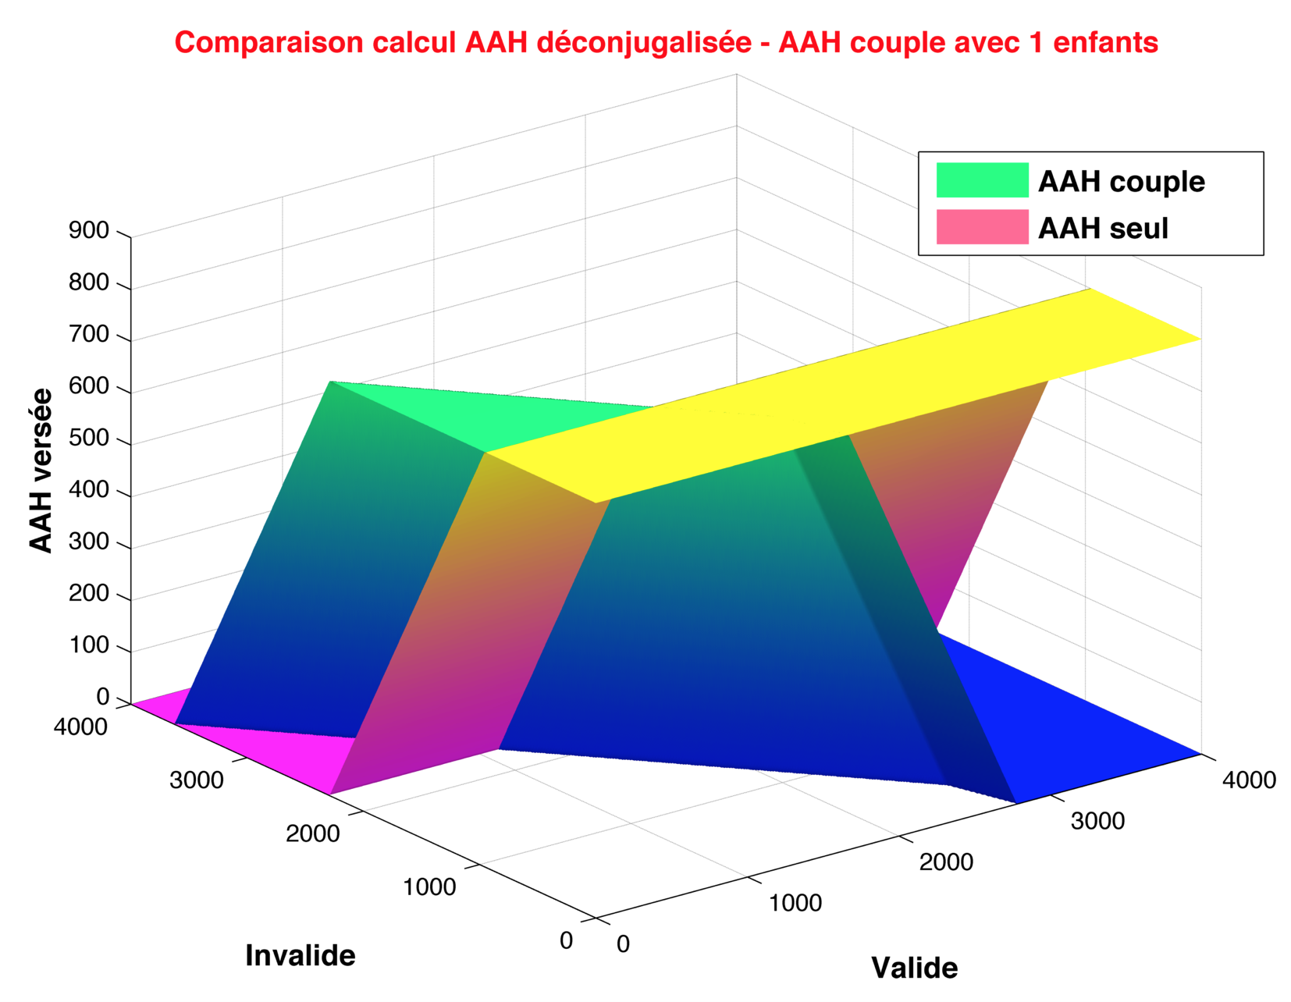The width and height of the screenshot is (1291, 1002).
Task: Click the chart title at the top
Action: pyautogui.click(x=666, y=43)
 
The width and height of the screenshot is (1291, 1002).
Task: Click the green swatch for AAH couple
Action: pyautogui.click(x=982, y=180)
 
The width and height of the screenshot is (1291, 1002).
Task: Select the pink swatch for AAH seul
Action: pyautogui.click(x=982, y=226)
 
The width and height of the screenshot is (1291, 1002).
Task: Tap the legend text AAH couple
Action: pyautogui.click(x=1121, y=181)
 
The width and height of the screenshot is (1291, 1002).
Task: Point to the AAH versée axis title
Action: pyautogui.click(x=41, y=471)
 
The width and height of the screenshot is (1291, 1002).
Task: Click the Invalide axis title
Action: pyautogui.click(x=300, y=956)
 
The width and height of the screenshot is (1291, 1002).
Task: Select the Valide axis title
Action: pyautogui.click(x=914, y=968)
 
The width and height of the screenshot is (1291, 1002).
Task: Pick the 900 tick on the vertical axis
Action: pyautogui.click(x=88, y=230)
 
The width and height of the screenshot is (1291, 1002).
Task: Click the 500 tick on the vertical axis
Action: pyautogui.click(x=88, y=438)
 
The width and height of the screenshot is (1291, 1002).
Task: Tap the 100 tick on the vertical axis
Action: pyautogui.click(x=88, y=645)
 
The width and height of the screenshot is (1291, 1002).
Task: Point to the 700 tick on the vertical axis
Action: pyautogui.click(x=88, y=334)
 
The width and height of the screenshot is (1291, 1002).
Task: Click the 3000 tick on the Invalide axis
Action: pyautogui.click(x=196, y=780)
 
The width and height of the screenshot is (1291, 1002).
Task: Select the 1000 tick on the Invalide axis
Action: pyautogui.click(x=429, y=887)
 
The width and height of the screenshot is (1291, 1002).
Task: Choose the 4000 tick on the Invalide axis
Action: pyautogui.click(x=80, y=727)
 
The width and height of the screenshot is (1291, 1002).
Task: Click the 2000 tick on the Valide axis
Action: pyautogui.click(x=946, y=862)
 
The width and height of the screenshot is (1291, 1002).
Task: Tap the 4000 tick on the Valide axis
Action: pyautogui.click(x=1249, y=780)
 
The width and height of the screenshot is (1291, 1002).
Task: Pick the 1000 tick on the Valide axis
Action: pyautogui.click(x=795, y=903)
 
